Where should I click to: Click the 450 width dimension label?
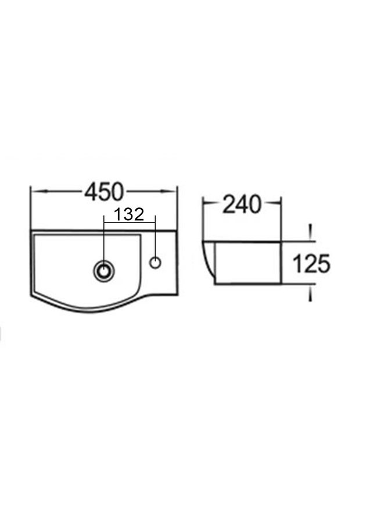(x=104, y=192)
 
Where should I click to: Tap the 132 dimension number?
(x=129, y=214)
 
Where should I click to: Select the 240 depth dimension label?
(x=242, y=204)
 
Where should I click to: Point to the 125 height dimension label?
(x=311, y=263)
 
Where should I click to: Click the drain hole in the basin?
(x=104, y=270)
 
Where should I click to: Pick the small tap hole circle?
(x=155, y=263)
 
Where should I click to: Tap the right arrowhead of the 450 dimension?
(x=168, y=191)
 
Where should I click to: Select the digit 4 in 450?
(x=91, y=192)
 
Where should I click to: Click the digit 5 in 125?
(x=323, y=264)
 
